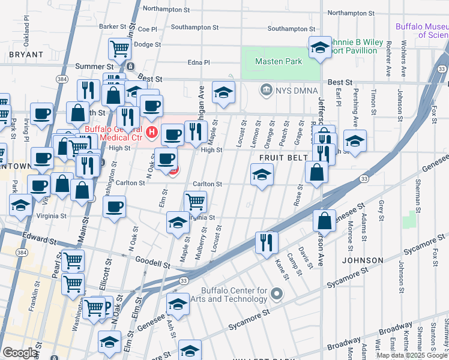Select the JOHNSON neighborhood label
click(363, 260)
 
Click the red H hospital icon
click(152, 131)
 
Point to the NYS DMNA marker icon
click(265, 91)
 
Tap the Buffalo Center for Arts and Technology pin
click(276, 294)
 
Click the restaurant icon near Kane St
click(267, 242)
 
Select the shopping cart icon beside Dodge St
click(120, 48)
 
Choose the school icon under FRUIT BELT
click(262, 175)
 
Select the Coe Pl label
click(146, 29)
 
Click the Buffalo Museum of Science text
click(421, 31)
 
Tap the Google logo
click(19, 353)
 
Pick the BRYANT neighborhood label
click(26, 55)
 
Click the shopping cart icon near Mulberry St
click(195, 202)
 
